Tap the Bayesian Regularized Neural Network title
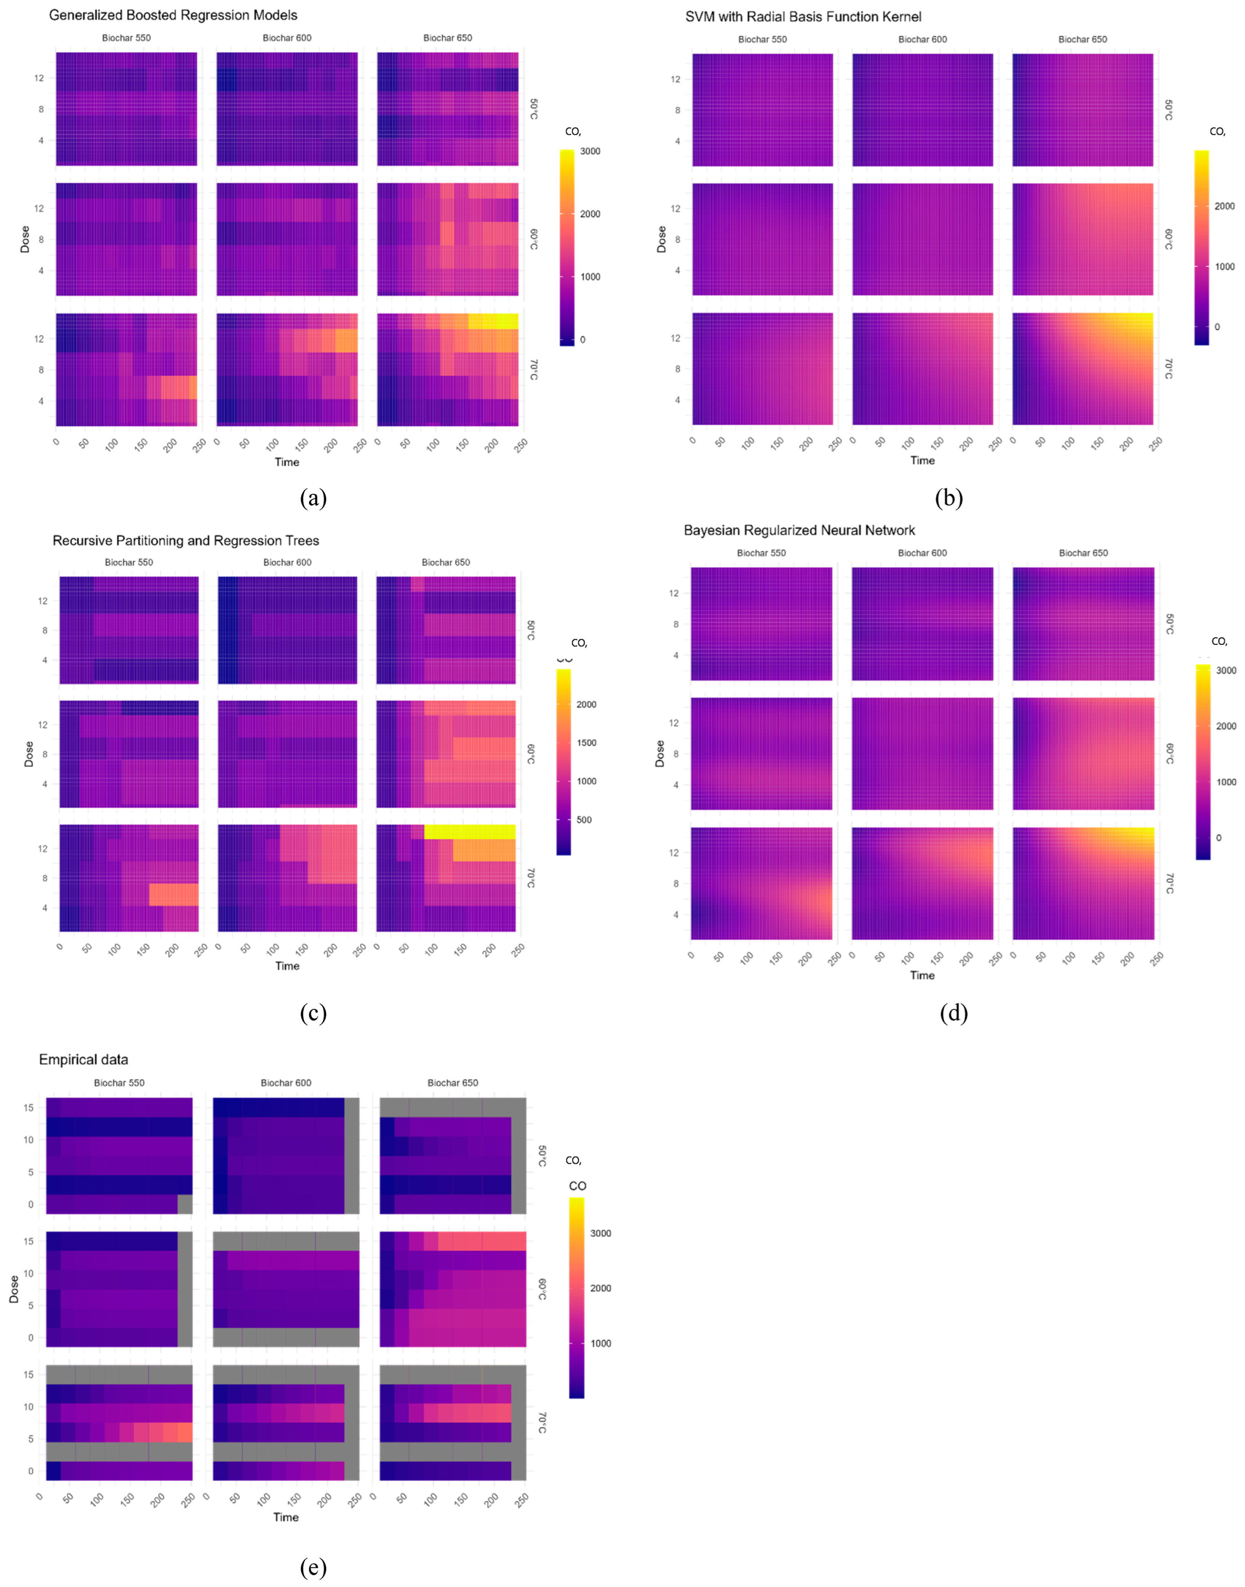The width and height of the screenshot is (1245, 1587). [799, 530]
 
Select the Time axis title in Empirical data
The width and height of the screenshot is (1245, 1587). [286, 1517]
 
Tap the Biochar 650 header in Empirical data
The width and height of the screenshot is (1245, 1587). [453, 1082]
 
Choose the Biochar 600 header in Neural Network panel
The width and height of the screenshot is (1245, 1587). [922, 553]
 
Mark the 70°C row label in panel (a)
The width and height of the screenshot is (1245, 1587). [533, 370]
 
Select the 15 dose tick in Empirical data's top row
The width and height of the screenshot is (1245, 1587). [29, 1107]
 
